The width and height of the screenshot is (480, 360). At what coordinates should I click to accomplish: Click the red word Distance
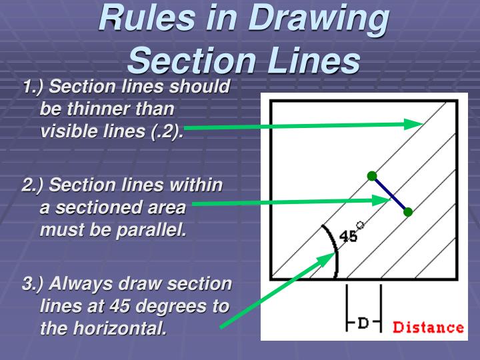pos(428,327)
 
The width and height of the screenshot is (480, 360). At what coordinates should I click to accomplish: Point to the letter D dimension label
pos(363,323)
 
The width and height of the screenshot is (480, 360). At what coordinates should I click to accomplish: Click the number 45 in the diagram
pos(349,236)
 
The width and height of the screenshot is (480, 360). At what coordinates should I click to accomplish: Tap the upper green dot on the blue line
pos(372,176)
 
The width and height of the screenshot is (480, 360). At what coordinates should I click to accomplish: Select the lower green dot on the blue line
pos(408,212)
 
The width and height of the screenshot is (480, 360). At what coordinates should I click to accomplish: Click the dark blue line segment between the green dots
pos(390,194)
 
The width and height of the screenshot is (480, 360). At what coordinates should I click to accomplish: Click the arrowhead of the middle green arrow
pos(385,199)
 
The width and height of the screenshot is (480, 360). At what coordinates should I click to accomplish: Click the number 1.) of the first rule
pos(34,87)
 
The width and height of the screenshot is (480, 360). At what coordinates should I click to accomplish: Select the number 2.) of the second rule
pos(34,185)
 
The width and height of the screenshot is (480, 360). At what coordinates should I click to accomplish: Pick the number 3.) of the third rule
pos(34,284)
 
